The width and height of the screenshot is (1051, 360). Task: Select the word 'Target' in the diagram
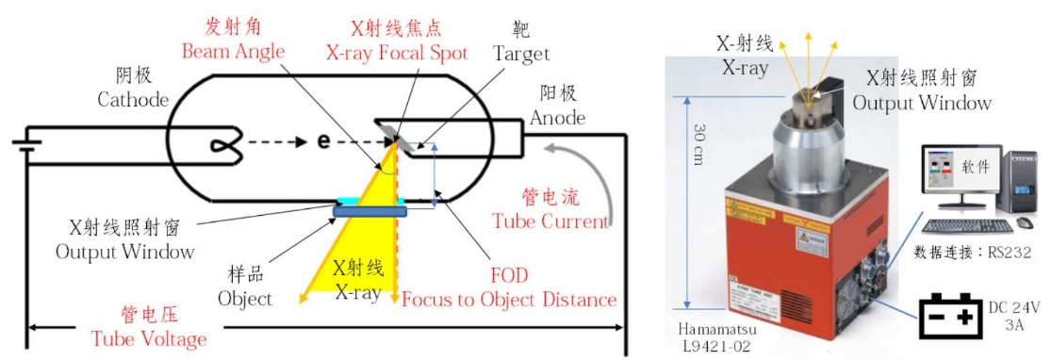click(x=520, y=54)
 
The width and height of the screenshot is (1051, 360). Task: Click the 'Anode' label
click(x=557, y=119)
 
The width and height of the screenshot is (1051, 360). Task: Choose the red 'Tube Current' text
click(x=550, y=221)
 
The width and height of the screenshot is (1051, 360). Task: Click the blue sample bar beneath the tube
click(x=371, y=212)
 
